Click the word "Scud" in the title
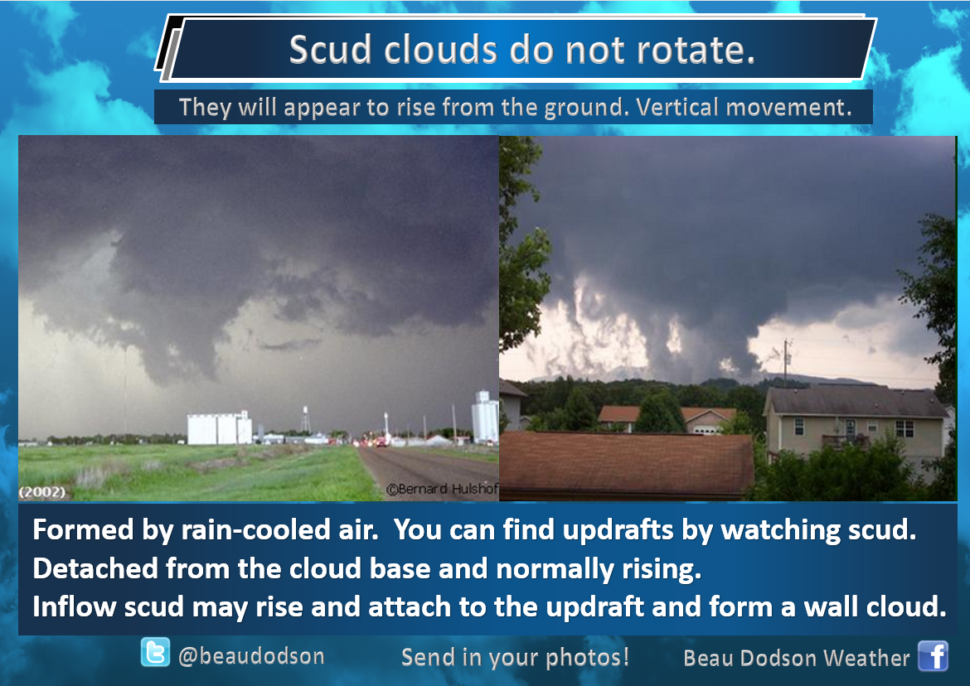click(330, 50)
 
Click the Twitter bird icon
click(155, 652)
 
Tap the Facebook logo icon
click(933, 655)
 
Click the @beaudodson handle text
click(251, 655)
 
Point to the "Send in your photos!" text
click(516, 657)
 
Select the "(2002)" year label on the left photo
click(42, 492)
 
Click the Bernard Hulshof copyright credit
click(442, 489)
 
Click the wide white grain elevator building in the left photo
click(219, 428)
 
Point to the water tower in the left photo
click(305, 418)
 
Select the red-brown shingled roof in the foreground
click(626, 463)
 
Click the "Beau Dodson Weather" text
click(796, 658)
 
